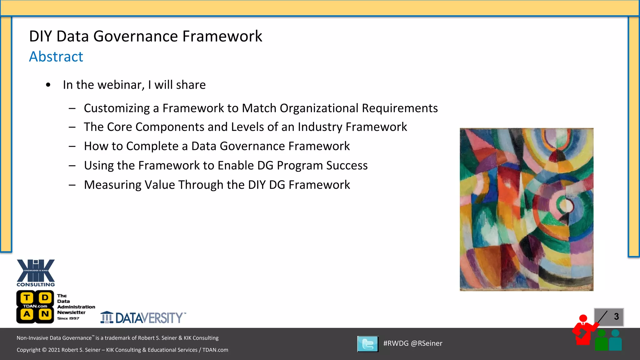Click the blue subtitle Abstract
coord(56,57)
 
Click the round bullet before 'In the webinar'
coord(48,85)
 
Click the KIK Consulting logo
coord(36,272)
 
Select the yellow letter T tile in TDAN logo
coord(27,297)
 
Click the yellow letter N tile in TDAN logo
coord(45,314)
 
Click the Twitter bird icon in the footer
coord(368,344)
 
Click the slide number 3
coord(616,317)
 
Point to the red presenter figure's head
coord(583,318)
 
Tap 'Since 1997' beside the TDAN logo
coord(68,318)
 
